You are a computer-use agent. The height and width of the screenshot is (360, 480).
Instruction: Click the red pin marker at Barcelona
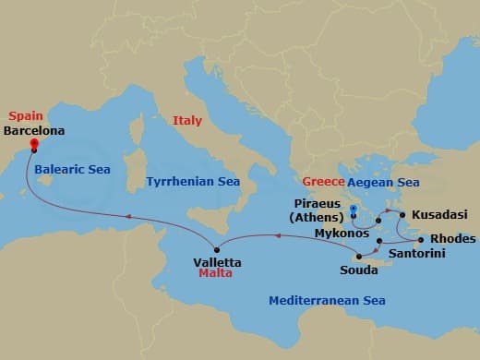34,144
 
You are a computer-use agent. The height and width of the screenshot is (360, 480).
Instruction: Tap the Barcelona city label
35,131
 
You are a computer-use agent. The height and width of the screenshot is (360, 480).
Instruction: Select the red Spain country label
24,116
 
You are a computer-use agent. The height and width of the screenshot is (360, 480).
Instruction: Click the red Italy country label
186,120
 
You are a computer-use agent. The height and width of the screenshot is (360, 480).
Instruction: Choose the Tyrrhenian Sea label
193,182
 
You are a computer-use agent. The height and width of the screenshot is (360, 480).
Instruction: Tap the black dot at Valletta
216,249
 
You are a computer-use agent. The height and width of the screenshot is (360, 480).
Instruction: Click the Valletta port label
218,262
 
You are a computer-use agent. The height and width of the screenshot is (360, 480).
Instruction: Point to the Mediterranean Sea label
327,300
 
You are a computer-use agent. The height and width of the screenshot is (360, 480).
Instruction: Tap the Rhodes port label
453,238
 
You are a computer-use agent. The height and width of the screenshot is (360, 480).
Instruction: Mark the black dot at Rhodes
421,239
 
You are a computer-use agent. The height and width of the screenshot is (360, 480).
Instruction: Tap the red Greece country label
323,182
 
